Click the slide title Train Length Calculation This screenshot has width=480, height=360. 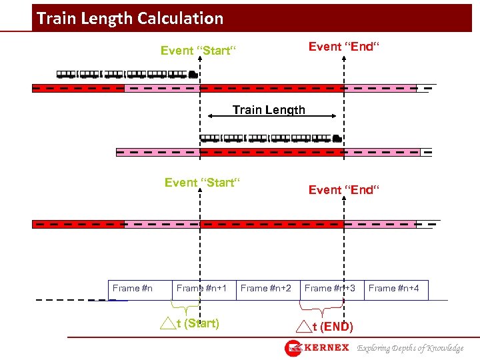pyautogui.click(x=130, y=18)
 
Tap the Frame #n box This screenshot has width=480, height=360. pyautogui.click(x=133, y=289)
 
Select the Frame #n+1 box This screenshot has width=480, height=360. pyautogui.click(x=201, y=289)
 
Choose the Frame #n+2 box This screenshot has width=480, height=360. pyautogui.click(x=265, y=289)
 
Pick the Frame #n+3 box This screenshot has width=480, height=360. pyautogui.click(x=329, y=289)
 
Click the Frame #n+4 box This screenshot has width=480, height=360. pyautogui.click(x=394, y=289)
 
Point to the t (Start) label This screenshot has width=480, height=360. pyautogui.click(x=201, y=324)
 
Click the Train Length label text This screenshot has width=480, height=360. pyautogui.click(x=269, y=110)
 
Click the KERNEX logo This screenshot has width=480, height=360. pyautogui.click(x=317, y=348)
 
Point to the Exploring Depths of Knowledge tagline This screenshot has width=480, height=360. pyautogui.click(x=410, y=348)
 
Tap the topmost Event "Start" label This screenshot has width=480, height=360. pyautogui.click(x=199, y=51)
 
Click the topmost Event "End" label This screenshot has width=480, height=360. pyautogui.click(x=344, y=47)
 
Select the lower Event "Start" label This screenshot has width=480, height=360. pyautogui.click(x=202, y=183)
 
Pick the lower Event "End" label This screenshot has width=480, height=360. pyautogui.click(x=344, y=190)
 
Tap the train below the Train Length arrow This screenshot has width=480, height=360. pyautogui.click(x=271, y=139)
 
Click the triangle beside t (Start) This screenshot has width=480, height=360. pyautogui.click(x=167, y=325)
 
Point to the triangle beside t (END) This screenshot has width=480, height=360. pyautogui.click(x=304, y=327)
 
